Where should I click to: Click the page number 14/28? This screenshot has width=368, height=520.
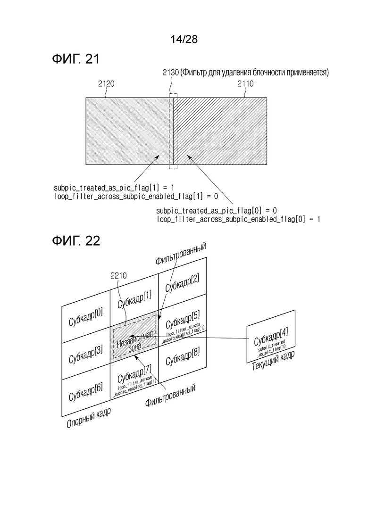click(x=184, y=39)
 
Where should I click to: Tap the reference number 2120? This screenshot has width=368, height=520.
click(x=106, y=84)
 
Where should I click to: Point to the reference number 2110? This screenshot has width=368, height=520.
click(x=245, y=84)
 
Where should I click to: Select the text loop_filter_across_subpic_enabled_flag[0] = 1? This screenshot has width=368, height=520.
click(x=238, y=219)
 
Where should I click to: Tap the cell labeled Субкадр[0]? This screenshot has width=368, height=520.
click(x=85, y=314)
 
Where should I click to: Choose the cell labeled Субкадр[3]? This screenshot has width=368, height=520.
click(x=85, y=351)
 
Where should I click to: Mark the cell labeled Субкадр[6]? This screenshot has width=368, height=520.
click(x=85, y=389)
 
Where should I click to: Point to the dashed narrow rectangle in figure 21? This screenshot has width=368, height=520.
click(x=173, y=131)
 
